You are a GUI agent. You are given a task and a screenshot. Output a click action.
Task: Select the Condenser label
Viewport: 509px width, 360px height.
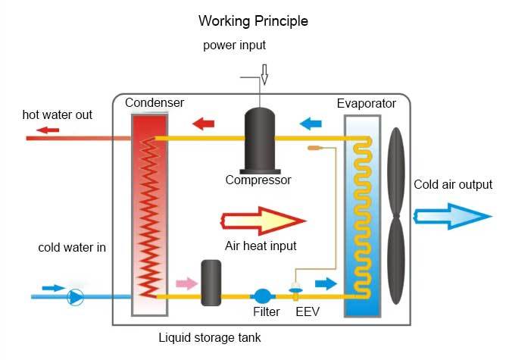click(x=155, y=102)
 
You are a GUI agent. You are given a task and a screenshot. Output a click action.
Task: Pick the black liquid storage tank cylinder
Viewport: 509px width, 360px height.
click(x=211, y=282)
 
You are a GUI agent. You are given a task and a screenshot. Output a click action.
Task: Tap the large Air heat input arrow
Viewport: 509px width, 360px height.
click(x=262, y=220)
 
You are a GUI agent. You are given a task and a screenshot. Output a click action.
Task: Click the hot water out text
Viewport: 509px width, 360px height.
click(x=58, y=115)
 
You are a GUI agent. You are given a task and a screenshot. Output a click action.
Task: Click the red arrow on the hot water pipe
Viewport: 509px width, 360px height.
click(x=49, y=130)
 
